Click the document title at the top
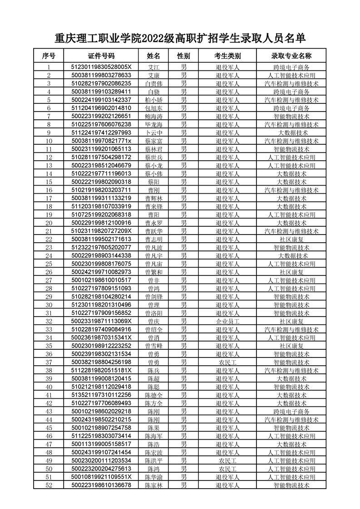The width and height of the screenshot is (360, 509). (x=180, y=38)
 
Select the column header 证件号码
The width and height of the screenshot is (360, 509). (x=101, y=56)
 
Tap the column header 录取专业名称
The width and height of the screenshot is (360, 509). (x=291, y=56)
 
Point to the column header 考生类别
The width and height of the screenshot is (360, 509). (x=227, y=56)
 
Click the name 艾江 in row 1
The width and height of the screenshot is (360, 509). (x=153, y=67)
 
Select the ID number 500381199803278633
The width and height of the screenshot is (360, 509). (x=101, y=75)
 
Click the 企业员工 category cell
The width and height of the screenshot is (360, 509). (x=227, y=321)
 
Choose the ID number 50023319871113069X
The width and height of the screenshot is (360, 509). (x=101, y=321)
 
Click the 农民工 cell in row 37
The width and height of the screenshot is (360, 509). (x=227, y=362)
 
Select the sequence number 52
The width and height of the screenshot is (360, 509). (x=49, y=485)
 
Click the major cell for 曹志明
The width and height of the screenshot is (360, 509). (x=291, y=239)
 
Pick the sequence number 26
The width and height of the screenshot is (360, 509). (x=49, y=272)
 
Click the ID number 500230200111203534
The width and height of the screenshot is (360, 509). (x=101, y=460)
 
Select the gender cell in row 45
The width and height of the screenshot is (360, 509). (x=183, y=428)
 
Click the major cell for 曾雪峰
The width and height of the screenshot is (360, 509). (x=291, y=346)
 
